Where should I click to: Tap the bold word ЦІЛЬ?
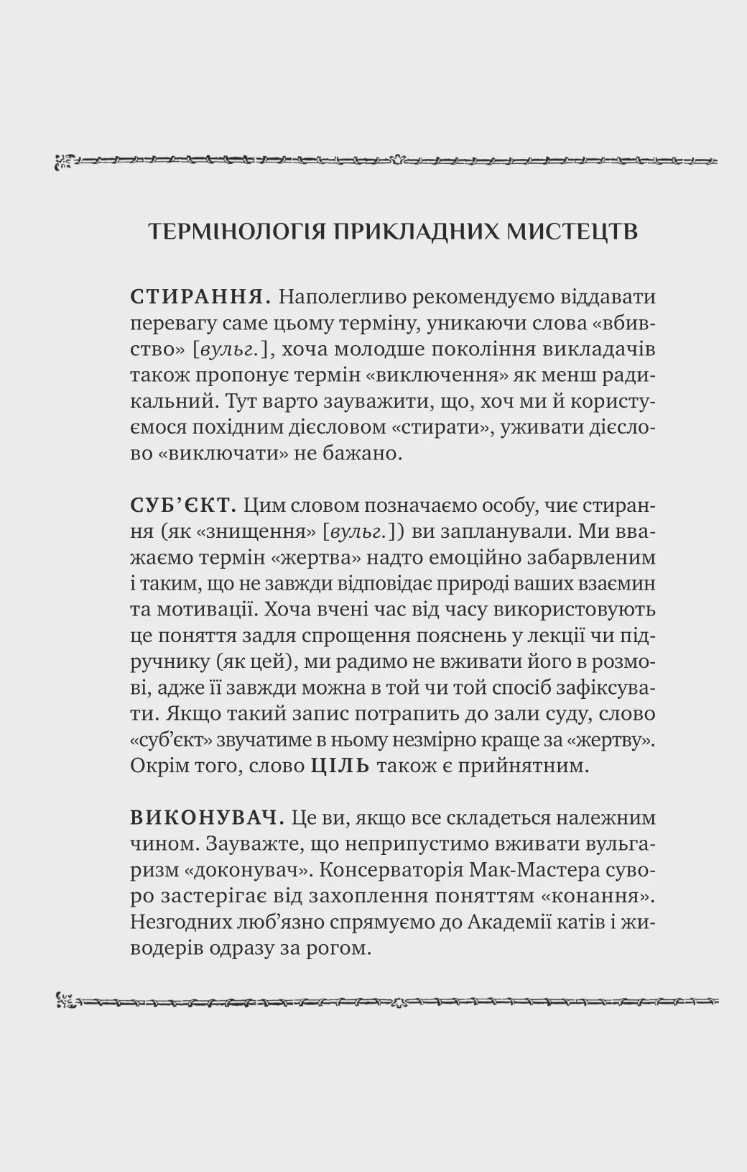[340, 766]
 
